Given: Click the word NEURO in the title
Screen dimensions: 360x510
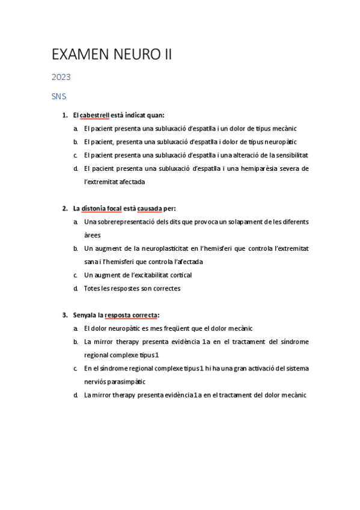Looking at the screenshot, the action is pos(132,55).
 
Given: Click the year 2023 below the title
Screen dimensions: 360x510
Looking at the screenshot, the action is pos(61,77).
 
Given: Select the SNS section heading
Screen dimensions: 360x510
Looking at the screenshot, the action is pos(59,96).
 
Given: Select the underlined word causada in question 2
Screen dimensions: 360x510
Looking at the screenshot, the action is pos(149,209).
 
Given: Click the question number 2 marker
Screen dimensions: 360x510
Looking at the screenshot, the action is pos(64,209).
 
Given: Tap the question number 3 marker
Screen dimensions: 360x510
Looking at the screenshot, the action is pos(64,315).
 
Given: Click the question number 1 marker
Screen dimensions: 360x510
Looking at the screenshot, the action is pos(64,115).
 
